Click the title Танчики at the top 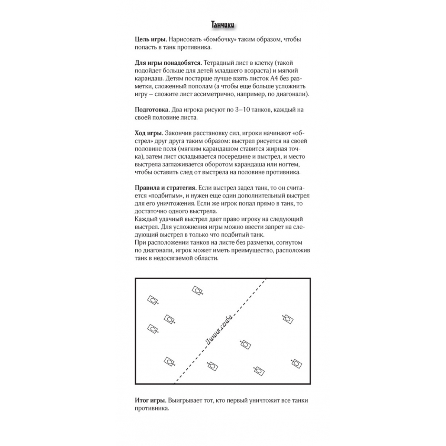tap(222, 25)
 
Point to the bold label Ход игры tap(148, 133)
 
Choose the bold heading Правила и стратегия tap(165, 188)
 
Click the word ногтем tap(294, 165)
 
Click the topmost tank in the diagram tap(197, 291)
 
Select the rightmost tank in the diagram tap(296, 363)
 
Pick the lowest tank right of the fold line tap(259, 371)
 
